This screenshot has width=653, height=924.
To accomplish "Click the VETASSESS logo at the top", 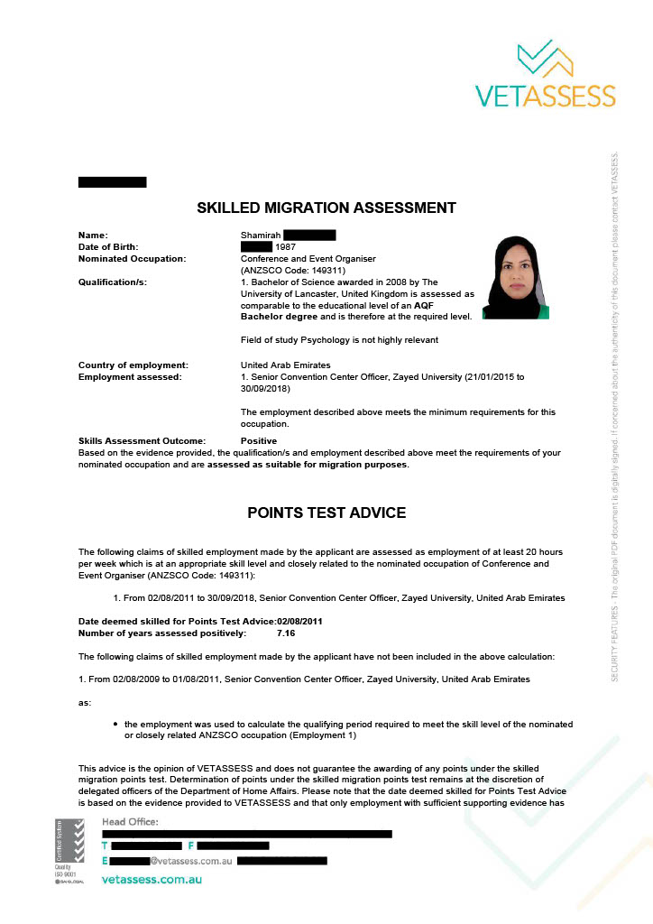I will (545, 75).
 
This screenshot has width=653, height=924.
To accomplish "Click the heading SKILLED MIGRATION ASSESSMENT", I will (326, 208).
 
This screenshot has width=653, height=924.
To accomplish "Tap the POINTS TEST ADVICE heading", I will (326, 513).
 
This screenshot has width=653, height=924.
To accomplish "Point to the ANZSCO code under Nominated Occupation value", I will (293, 270).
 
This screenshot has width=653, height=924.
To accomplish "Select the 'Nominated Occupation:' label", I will (132, 258).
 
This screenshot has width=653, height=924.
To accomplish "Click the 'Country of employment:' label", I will (133, 365).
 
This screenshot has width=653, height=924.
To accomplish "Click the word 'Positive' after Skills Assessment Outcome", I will (259, 440).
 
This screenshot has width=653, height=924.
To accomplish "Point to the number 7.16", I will (286, 633).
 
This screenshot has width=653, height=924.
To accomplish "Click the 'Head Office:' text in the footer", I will (130, 821).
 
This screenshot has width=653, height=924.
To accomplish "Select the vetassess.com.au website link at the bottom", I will (152, 879).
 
